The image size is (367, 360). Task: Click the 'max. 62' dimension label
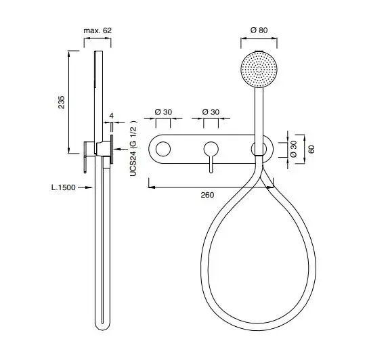click(x=98, y=30)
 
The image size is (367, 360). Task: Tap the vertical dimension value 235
click(x=62, y=102)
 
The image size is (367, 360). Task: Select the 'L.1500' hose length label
click(x=64, y=187)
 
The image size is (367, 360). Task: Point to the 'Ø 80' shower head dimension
click(x=259, y=30)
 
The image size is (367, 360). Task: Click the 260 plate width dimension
click(x=207, y=195)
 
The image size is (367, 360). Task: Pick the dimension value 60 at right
click(x=311, y=150)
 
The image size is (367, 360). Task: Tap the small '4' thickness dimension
click(x=112, y=116)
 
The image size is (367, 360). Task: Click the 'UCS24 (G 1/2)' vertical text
click(x=133, y=148)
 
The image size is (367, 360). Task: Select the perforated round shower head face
click(x=259, y=70)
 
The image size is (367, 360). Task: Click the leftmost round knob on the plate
click(x=163, y=149)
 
